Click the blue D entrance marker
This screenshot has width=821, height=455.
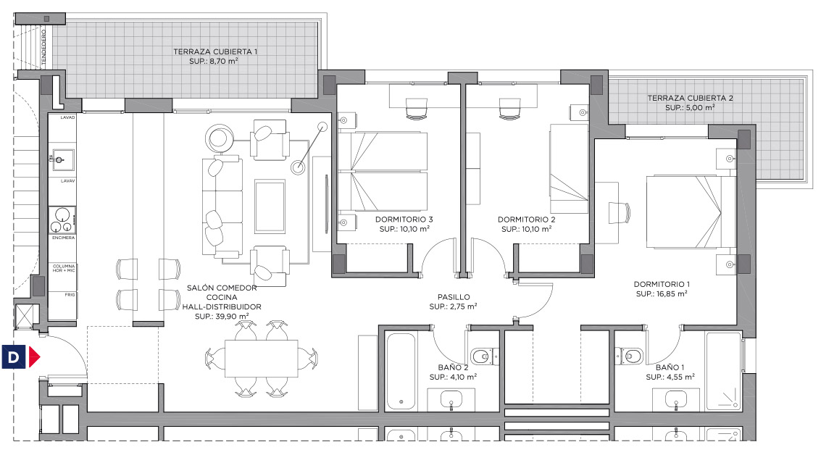click(x=13, y=357)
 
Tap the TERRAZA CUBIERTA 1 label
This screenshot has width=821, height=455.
click(x=215, y=52)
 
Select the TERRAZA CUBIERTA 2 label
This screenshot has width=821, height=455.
click(x=690, y=98)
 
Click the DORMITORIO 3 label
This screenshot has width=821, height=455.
click(x=404, y=220)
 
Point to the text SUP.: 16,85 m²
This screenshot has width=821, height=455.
click(x=662, y=293)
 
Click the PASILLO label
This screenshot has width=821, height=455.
click(x=454, y=297)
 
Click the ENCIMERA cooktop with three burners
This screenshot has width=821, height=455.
click(x=62, y=220)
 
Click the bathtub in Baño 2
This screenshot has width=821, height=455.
click(x=401, y=371)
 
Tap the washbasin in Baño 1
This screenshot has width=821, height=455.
click(x=676, y=400)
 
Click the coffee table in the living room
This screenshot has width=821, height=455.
click(x=270, y=206)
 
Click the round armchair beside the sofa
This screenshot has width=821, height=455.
click(x=220, y=138)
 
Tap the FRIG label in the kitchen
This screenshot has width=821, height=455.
click(x=70, y=295)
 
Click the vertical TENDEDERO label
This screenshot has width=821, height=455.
click(x=44, y=46)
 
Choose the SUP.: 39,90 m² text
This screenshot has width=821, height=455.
click(x=222, y=316)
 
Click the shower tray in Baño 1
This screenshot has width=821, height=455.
click(x=724, y=371)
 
